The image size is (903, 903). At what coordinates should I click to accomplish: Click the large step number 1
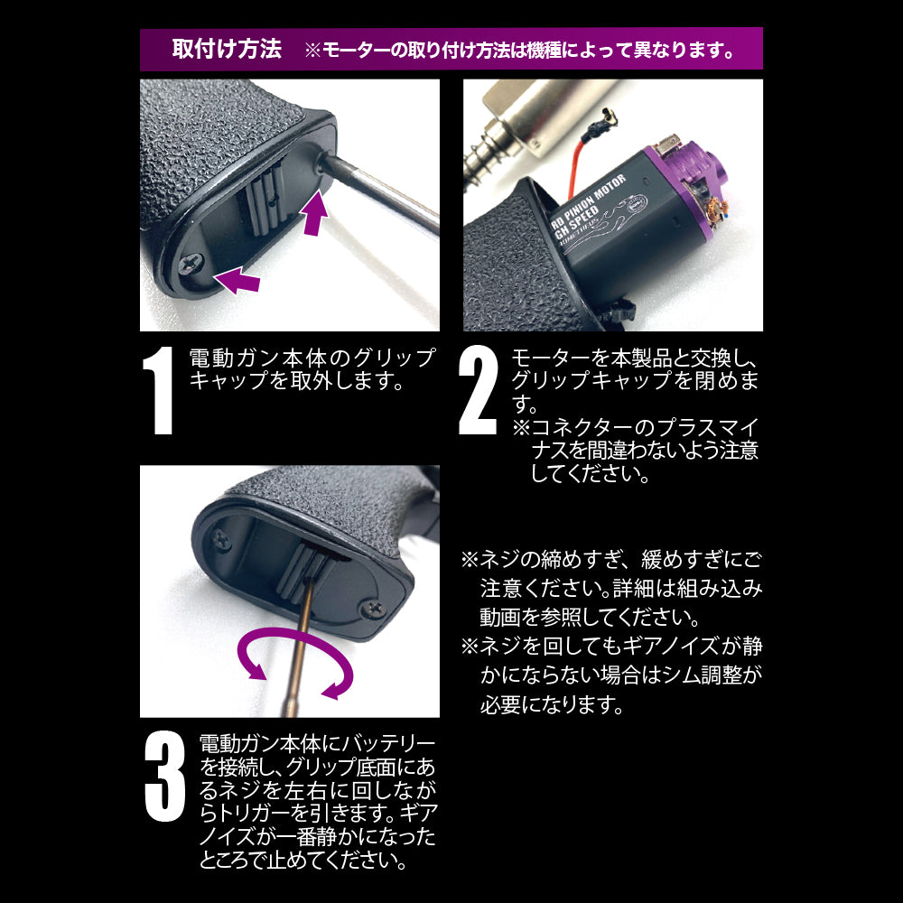159,390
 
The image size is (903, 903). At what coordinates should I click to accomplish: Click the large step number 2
478,390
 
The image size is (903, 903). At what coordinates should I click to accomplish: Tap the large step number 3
164,777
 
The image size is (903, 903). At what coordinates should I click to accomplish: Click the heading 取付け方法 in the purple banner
227,49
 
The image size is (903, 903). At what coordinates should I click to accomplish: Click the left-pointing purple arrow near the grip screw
237,280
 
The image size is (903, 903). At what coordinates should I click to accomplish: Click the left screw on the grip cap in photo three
221,540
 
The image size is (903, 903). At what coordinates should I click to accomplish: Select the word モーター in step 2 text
549,358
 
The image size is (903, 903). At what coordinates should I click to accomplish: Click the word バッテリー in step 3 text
389,743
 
